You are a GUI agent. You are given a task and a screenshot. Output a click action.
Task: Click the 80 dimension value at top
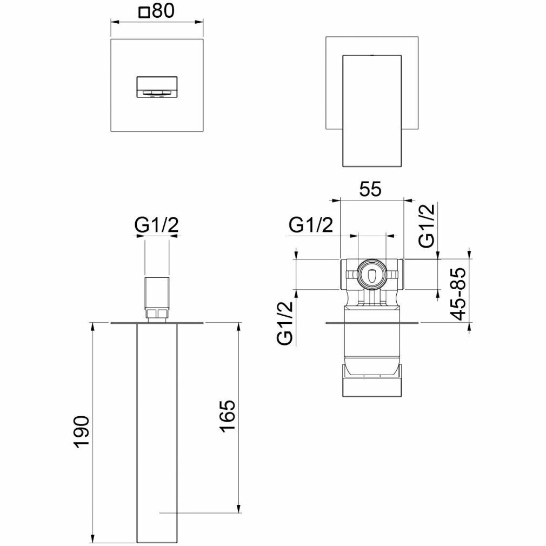164,12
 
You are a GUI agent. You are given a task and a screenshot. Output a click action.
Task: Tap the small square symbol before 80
144,12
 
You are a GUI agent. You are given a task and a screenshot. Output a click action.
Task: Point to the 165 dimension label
228,416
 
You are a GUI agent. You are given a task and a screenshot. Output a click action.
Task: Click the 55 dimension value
370,189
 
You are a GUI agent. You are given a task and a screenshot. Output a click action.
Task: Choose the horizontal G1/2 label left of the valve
310,224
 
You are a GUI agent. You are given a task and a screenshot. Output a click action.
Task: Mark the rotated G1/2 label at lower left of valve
285,323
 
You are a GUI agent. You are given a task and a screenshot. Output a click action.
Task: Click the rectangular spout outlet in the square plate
157,86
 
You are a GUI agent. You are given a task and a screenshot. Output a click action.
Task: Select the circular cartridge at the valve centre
371,275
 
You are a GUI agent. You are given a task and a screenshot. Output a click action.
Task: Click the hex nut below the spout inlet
157,314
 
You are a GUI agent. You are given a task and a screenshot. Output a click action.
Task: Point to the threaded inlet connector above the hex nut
157,292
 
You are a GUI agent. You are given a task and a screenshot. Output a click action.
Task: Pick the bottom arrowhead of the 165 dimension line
238,509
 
